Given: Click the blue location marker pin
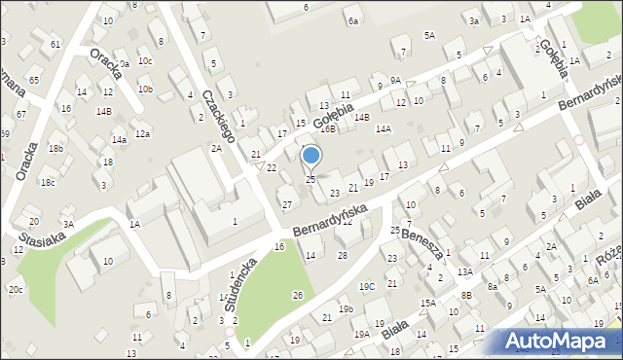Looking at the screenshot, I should [x=311, y=156].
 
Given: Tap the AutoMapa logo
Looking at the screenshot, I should [x=563, y=340].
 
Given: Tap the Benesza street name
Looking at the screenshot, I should [x=422, y=238].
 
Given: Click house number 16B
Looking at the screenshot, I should [x=328, y=128].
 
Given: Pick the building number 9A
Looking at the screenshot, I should [x=395, y=80].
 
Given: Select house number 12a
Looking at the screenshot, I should [x=143, y=134].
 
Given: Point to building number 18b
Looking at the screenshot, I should [x=55, y=148].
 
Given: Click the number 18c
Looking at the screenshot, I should [x=47, y=182].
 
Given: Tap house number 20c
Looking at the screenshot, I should [x=16, y=290].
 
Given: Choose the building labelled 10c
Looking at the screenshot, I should [x=145, y=60].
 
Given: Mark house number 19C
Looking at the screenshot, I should [x=367, y=286].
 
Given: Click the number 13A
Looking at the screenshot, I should [x=465, y=271].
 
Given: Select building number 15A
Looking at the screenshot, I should [x=427, y=303].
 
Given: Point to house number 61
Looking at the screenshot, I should [x=55, y=45].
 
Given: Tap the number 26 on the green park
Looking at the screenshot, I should [x=298, y=295].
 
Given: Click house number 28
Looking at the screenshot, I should [x=342, y=255].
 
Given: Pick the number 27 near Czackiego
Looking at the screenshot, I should [x=286, y=204].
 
